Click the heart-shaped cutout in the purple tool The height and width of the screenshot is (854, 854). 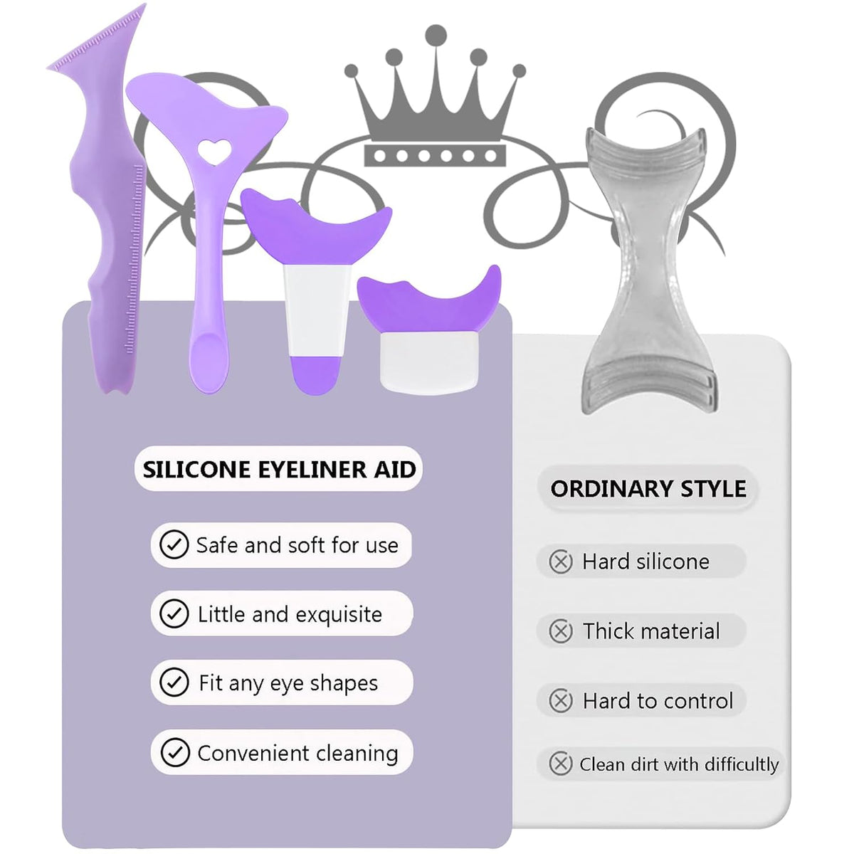(214, 152)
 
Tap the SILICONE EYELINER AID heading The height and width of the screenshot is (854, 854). (279, 469)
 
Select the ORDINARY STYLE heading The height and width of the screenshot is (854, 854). (648, 489)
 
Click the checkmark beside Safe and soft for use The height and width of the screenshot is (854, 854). (174, 544)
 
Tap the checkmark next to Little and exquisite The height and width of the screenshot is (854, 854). (174, 613)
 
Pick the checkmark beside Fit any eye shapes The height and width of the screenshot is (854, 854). (174, 682)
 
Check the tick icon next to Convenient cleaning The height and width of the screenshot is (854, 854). (175, 752)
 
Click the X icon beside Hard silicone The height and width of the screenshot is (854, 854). (561, 562)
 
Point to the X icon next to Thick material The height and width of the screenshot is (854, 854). (561, 631)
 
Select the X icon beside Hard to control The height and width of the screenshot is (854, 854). (561, 701)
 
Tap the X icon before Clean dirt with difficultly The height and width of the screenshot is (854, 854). (561, 764)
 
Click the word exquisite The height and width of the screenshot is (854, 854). (339, 615)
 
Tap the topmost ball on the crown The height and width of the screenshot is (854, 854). (436, 35)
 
